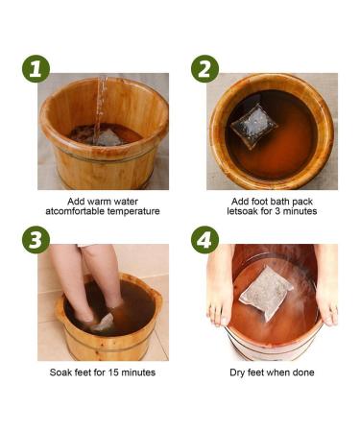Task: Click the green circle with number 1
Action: pos(36,70)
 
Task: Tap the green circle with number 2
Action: pos(204,70)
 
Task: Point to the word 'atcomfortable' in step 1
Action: pos(76,211)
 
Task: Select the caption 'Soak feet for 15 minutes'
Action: pos(102,370)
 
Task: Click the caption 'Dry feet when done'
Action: pos(273,370)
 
